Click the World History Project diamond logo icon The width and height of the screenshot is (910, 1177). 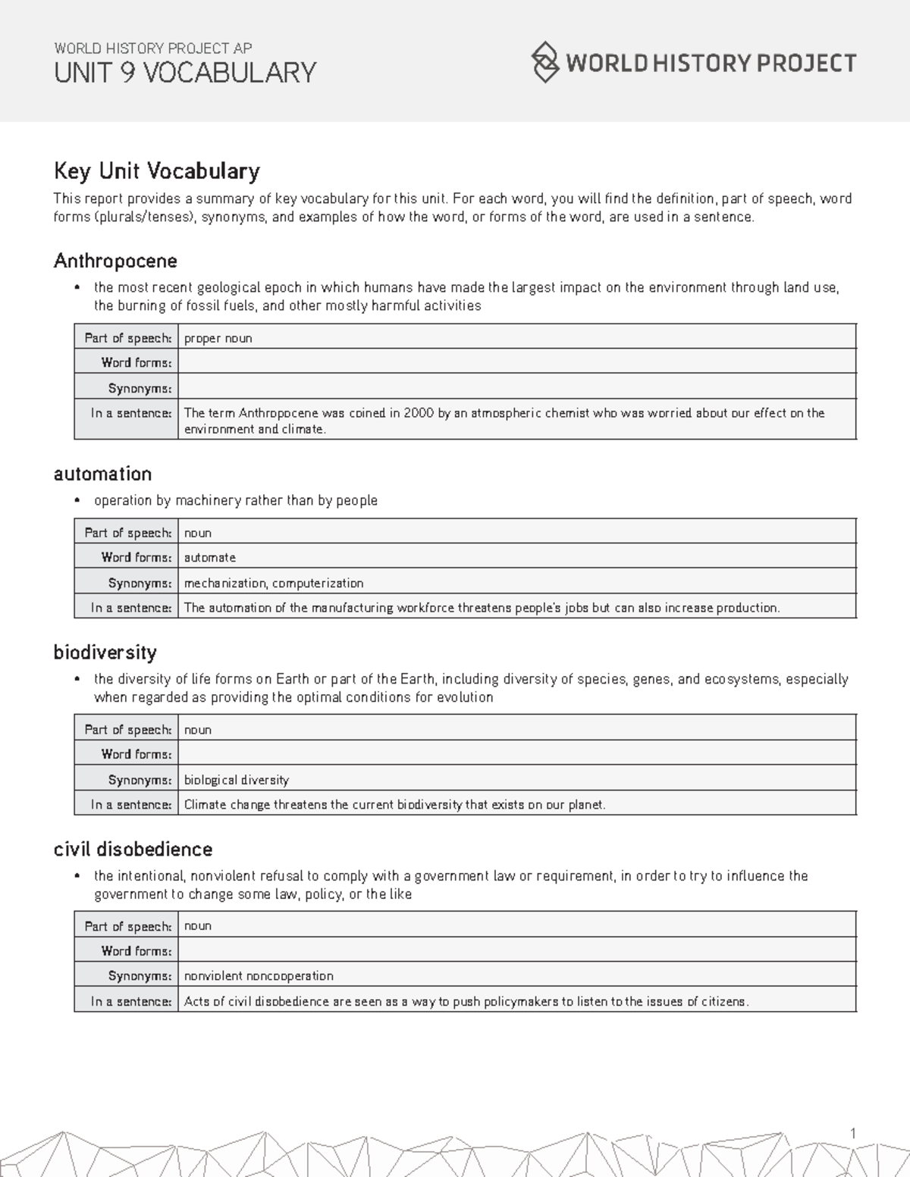point(544,62)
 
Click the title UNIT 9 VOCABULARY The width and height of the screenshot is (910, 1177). point(185,73)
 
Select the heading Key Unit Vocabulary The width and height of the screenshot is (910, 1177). point(156,171)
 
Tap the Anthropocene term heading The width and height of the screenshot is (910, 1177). point(115,261)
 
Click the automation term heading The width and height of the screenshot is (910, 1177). point(102,474)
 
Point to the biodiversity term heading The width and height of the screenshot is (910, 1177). point(105,653)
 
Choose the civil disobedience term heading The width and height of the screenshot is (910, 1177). point(133,849)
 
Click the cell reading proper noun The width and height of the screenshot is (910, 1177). point(218,338)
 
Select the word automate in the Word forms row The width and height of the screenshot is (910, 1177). point(210,557)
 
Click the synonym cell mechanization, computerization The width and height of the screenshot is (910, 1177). point(274,583)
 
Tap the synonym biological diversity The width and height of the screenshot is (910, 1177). point(237,779)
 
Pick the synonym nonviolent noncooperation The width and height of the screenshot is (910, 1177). point(259,975)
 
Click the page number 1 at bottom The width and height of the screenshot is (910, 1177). point(852,1133)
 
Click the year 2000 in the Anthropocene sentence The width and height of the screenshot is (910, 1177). point(419,413)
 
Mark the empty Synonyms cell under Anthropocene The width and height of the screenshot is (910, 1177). point(516,388)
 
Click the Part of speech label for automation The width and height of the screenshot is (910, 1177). point(127,533)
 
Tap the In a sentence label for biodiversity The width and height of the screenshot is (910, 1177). point(130,804)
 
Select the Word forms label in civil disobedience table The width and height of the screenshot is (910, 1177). point(136,950)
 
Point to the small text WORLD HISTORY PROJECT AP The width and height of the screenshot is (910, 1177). point(152,48)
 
